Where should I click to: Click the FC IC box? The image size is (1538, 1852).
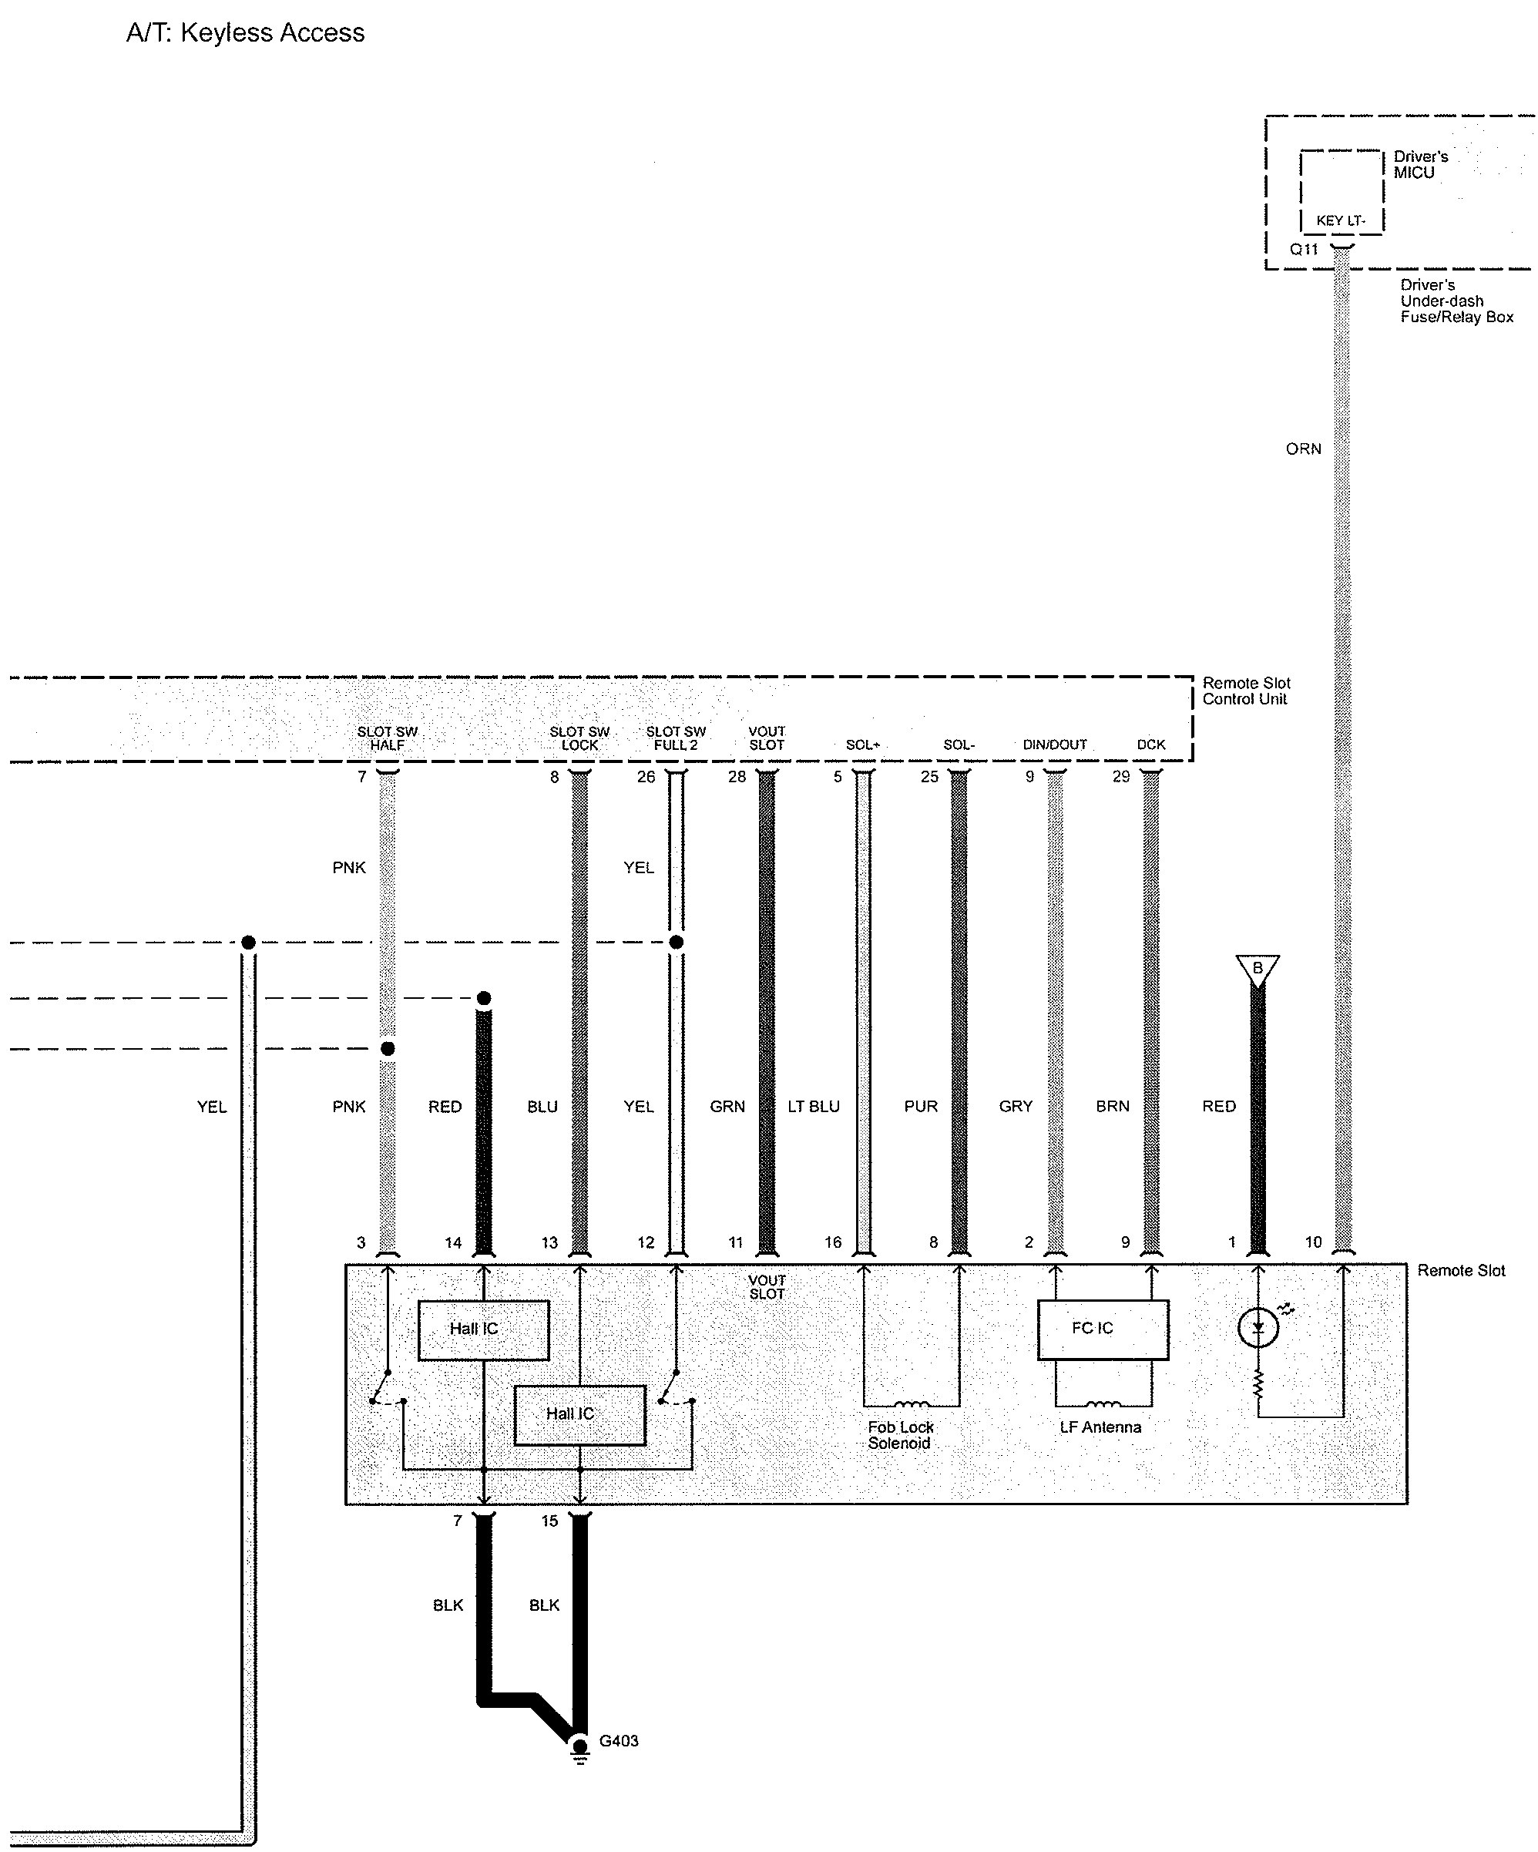pos(1103,1329)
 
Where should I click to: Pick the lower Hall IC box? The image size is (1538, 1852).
pos(579,1414)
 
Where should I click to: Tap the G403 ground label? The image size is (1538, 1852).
pos(618,1741)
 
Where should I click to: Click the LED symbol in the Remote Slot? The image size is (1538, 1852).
pos(1258,1328)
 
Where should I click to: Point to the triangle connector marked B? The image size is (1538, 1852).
pos(1258,968)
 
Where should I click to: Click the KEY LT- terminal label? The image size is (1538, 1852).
pos(1341,220)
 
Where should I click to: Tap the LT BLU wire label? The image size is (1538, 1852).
pos(813,1107)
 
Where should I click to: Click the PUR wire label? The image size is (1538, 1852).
pos(921,1107)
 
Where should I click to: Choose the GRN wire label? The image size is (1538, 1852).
pos(727,1107)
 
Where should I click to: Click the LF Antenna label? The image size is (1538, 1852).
pos(1100,1427)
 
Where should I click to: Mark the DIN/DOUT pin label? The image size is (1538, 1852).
pos(1055,745)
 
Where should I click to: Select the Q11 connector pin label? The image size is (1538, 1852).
pos(1304,250)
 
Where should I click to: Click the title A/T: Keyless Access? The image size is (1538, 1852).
pos(245,33)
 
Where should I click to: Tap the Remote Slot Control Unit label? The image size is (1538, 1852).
pos(1245,691)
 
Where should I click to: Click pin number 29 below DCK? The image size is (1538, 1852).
pos(1121,777)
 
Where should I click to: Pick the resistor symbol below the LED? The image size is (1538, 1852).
pos(1258,1385)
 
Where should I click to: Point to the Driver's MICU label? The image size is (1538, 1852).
pos(1420,165)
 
